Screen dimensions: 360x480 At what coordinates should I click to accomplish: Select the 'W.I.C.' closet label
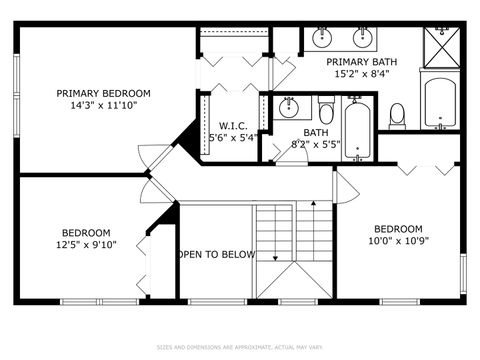(x=233, y=125)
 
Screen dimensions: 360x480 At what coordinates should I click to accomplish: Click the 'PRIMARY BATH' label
(x=363, y=61)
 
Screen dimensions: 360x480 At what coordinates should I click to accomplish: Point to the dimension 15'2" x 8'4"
(x=363, y=73)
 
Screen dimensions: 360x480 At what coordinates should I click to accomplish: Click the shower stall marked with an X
(x=442, y=45)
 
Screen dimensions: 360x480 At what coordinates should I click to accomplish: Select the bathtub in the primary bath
(x=440, y=103)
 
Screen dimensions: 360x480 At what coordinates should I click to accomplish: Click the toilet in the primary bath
(x=397, y=114)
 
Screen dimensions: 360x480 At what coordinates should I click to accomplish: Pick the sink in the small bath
(x=288, y=107)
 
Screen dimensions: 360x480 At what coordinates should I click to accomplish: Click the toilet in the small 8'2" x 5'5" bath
(x=326, y=110)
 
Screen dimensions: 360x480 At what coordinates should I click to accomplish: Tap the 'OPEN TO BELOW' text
(x=216, y=254)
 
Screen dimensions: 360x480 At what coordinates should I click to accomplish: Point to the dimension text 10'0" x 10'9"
(x=398, y=241)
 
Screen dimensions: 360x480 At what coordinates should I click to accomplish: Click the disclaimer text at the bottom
(x=240, y=347)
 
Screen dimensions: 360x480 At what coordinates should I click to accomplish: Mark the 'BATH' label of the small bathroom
(x=316, y=132)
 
